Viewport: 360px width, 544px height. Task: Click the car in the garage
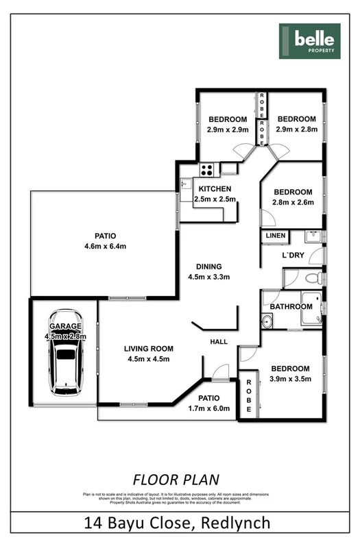click(x=65, y=354)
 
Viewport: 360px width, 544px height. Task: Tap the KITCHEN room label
click(x=215, y=189)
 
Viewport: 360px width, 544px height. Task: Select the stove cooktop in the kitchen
click(x=207, y=169)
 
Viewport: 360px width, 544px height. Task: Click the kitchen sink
click(x=185, y=184)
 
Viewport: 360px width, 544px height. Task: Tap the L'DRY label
click(x=293, y=256)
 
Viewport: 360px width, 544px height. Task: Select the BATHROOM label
click(x=291, y=306)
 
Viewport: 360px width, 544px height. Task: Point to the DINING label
click(x=208, y=267)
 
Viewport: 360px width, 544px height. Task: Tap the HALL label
click(x=219, y=342)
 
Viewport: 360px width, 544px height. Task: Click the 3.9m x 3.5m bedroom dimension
click(x=290, y=378)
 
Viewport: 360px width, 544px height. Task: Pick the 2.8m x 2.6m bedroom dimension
click(x=293, y=202)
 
